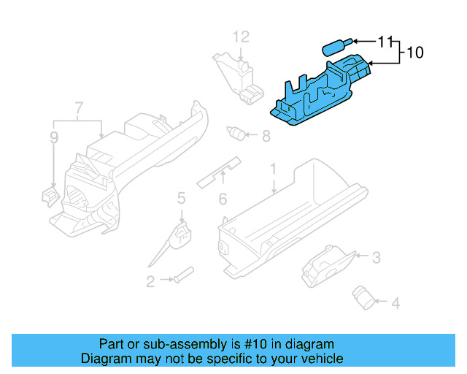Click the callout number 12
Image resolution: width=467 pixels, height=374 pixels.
point(241,37)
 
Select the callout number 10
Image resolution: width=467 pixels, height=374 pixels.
point(414,53)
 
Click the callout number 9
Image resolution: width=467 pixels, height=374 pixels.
point(53,137)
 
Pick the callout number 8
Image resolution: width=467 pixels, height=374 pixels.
point(265,135)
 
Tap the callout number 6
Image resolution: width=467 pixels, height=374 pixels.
point(223,198)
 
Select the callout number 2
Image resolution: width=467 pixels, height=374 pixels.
point(150,281)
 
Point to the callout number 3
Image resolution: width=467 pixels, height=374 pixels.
point(376,257)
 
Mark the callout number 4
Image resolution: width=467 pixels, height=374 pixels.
point(395,302)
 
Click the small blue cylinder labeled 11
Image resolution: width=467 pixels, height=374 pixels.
point(335,47)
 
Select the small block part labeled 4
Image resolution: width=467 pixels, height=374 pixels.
point(362,295)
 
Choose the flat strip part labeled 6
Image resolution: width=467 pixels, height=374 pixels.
point(219,170)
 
